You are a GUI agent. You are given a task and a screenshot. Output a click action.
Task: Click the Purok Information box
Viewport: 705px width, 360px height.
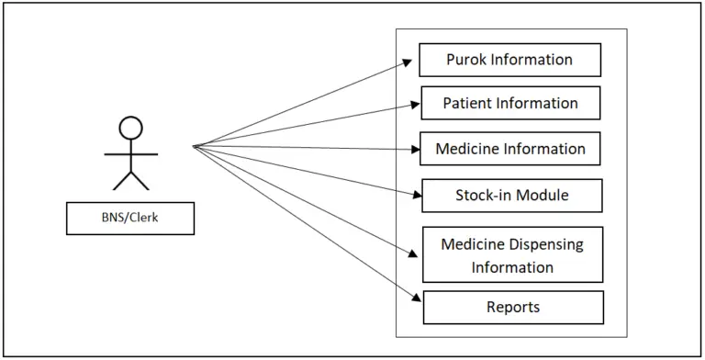pyautogui.click(x=509, y=60)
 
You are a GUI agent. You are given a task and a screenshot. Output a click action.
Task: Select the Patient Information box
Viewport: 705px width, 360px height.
pyautogui.click(x=510, y=103)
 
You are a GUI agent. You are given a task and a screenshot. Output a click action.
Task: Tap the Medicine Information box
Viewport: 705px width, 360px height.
pyautogui.click(x=510, y=149)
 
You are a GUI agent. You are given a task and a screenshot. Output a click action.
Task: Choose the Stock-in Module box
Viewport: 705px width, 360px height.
pyautogui.click(x=511, y=196)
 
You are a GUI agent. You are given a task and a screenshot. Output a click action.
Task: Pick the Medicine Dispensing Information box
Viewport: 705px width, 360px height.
pyautogui.click(x=512, y=254)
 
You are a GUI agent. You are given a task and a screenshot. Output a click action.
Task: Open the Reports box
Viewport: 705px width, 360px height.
pyautogui.click(x=513, y=307)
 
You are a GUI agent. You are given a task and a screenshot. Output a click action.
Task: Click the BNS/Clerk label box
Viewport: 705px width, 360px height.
pyautogui.click(x=129, y=219)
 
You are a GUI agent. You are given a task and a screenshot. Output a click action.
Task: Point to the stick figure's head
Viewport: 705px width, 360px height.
pyautogui.click(x=131, y=128)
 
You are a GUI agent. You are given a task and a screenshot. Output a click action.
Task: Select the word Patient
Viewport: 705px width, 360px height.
pyautogui.click(x=467, y=103)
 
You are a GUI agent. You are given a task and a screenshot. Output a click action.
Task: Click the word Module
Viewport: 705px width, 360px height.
pyautogui.click(x=543, y=196)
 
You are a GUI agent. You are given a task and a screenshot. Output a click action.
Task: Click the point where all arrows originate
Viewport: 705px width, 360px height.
pyautogui.click(x=195, y=145)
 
